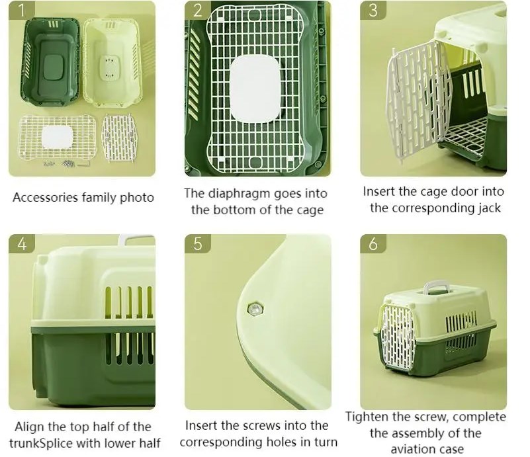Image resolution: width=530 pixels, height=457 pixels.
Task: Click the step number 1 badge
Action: [x=21, y=10]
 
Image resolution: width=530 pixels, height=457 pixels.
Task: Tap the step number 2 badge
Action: [x=197, y=10]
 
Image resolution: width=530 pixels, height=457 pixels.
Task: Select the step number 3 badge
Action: [x=373, y=10]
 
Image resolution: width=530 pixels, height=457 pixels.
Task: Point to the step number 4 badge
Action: [x=22, y=243]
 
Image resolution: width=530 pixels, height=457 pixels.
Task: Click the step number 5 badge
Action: [x=198, y=243]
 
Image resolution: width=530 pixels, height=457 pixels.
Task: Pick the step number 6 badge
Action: [x=373, y=243]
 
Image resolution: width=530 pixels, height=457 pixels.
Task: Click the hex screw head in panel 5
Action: [x=255, y=309]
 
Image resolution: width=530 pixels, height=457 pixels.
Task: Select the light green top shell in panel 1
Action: [x=112, y=62]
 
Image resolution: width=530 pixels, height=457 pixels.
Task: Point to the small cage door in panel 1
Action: [x=119, y=138]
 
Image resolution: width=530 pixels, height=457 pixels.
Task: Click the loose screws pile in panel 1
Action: [x=67, y=164]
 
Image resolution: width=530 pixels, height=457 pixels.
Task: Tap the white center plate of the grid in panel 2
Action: [x=255, y=89]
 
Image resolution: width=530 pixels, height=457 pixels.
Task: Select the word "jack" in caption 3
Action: [x=489, y=208]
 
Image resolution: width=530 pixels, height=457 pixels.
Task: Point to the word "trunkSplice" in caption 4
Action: [x=41, y=443]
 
